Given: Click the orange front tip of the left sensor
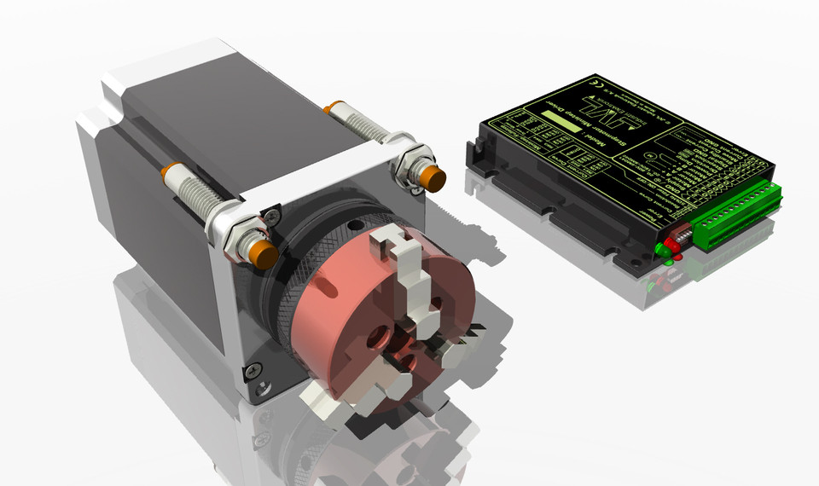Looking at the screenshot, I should click(x=263, y=252).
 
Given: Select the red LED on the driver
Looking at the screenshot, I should click(x=672, y=244).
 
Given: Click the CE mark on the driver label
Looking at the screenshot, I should click(x=600, y=85).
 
